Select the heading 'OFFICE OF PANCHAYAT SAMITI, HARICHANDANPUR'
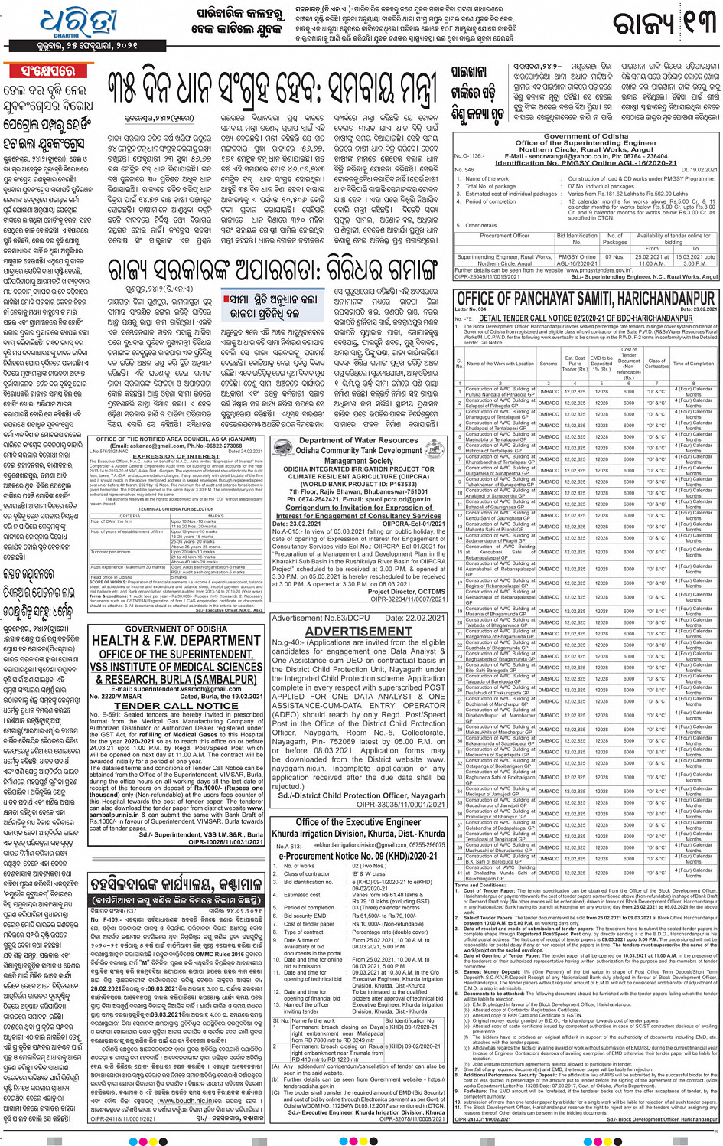point(585,299)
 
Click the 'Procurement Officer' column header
point(504,236)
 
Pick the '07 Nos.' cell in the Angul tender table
point(614,257)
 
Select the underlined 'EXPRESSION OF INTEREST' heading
point(176,455)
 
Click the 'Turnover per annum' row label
point(110,551)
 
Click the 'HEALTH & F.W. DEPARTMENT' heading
point(176,641)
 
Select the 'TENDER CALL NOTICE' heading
point(176,705)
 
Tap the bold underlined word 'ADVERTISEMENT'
point(358,632)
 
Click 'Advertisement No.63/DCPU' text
point(310,618)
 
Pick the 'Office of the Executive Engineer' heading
point(358,822)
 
